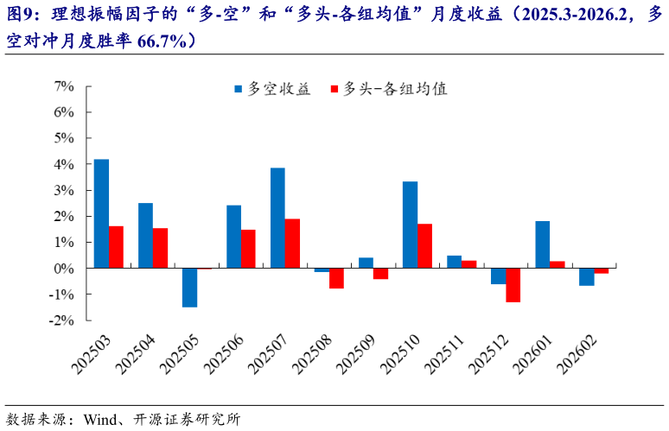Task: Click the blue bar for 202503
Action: tap(101, 213)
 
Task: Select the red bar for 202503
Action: tap(116, 247)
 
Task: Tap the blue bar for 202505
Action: tap(189, 288)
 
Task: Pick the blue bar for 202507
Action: tap(277, 218)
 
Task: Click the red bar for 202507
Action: tap(292, 244)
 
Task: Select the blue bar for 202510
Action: tap(410, 225)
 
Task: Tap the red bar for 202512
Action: tap(513, 285)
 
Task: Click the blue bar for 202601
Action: tap(542, 244)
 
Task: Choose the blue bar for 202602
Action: tap(586, 276)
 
